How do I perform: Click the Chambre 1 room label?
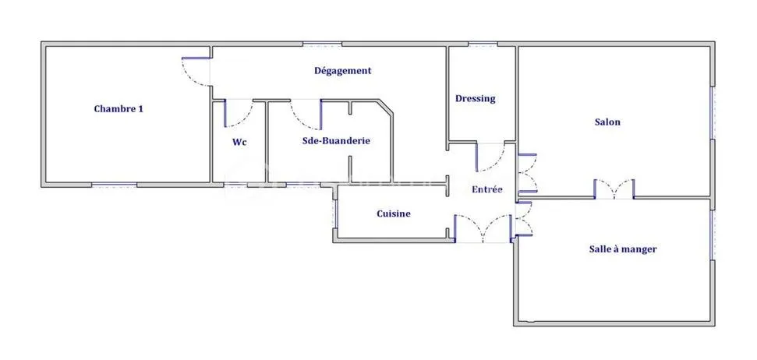(x=119, y=109)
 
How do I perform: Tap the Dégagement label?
(x=343, y=71)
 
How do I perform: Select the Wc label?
(x=240, y=143)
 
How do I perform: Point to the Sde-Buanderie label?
(x=336, y=141)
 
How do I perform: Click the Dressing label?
(x=476, y=98)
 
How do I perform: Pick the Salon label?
(x=607, y=122)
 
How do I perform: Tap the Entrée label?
(x=487, y=189)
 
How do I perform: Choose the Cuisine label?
(x=394, y=214)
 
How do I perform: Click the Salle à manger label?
(x=623, y=249)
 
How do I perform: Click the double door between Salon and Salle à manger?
(x=614, y=189)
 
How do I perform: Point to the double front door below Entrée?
(x=483, y=228)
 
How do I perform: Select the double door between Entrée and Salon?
(x=527, y=174)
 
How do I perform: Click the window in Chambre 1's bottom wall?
(x=115, y=185)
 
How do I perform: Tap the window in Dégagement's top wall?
(x=323, y=44)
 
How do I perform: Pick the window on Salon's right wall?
(x=712, y=113)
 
